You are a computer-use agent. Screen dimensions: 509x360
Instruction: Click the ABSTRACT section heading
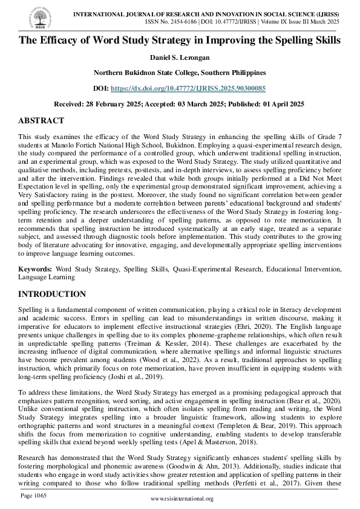click(x=41, y=121)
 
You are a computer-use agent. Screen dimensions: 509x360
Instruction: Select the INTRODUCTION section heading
click(x=52, y=294)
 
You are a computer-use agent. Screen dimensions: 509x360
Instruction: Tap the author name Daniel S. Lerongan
click(x=180, y=57)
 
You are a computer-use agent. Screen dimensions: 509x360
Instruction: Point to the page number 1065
click(x=33, y=496)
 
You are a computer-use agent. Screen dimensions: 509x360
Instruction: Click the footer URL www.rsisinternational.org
click(x=182, y=499)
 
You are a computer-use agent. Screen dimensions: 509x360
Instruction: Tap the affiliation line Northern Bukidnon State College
click(x=180, y=73)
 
